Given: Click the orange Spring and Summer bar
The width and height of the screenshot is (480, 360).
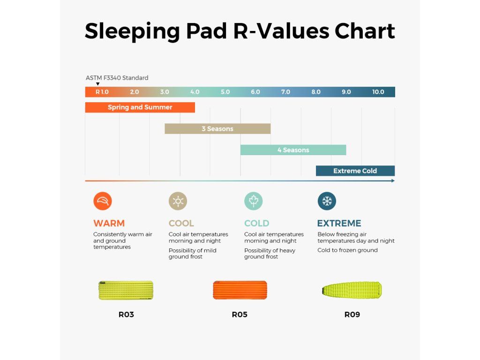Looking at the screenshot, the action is pyautogui.click(x=140, y=107).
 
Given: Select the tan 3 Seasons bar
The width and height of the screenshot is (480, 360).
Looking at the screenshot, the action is pyautogui.click(x=217, y=129).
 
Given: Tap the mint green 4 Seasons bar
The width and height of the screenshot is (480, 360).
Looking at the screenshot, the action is pyautogui.click(x=293, y=150).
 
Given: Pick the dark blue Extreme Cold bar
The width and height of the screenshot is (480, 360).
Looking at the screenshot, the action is pyautogui.click(x=355, y=171).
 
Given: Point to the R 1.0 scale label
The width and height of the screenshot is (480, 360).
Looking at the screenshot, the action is pyautogui.click(x=102, y=92).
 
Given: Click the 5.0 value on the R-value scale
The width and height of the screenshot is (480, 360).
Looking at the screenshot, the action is pyautogui.click(x=225, y=92).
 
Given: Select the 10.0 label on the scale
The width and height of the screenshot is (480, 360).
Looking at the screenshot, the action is pyautogui.click(x=378, y=92).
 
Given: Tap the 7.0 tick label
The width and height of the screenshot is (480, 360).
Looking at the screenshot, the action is pyautogui.click(x=285, y=92).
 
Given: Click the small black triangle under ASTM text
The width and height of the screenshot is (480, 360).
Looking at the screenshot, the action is pyautogui.click(x=97, y=84).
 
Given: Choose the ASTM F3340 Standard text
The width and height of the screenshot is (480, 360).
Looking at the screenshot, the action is pyautogui.click(x=117, y=78).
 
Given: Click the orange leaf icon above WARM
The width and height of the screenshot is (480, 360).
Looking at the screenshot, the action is pyautogui.click(x=103, y=201).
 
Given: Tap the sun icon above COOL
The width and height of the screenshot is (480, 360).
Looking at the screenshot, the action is pyautogui.click(x=178, y=201).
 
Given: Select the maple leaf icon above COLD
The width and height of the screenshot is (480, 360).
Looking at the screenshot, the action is pyautogui.click(x=254, y=201).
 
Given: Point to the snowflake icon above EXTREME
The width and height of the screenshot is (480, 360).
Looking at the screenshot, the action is pyautogui.click(x=327, y=201).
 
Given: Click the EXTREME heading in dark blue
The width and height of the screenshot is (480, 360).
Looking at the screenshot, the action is pyautogui.click(x=339, y=223).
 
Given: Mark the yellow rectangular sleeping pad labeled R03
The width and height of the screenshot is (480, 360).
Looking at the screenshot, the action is pyautogui.click(x=126, y=290).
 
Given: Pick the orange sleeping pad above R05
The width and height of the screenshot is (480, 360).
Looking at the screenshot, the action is pyautogui.click(x=240, y=290).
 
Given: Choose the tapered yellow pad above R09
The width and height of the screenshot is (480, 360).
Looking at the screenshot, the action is pyautogui.click(x=352, y=290).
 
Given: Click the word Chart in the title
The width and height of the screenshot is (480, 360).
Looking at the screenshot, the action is pyautogui.click(x=365, y=31).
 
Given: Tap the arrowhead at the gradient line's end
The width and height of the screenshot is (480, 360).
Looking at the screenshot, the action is pyautogui.click(x=393, y=180).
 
